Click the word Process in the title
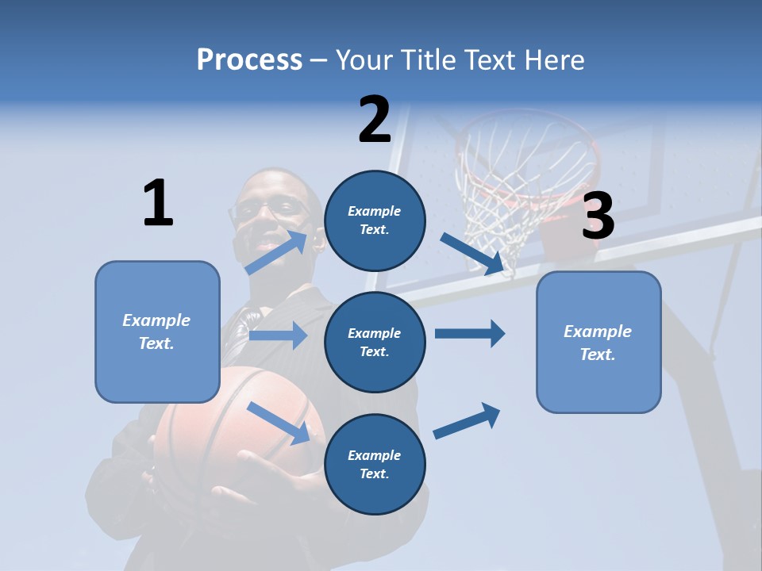click(x=249, y=59)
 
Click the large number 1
click(x=158, y=203)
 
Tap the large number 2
click(x=375, y=120)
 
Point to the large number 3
click(x=598, y=216)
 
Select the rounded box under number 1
click(x=157, y=331)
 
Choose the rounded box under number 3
click(x=598, y=342)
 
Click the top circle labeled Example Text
click(x=375, y=220)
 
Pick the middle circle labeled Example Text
click(x=375, y=342)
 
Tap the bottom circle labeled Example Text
click(x=375, y=464)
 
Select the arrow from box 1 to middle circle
click(x=278, y=335)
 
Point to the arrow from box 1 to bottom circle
click(x=278, y=422)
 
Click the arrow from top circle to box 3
click(x=472, y=254)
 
